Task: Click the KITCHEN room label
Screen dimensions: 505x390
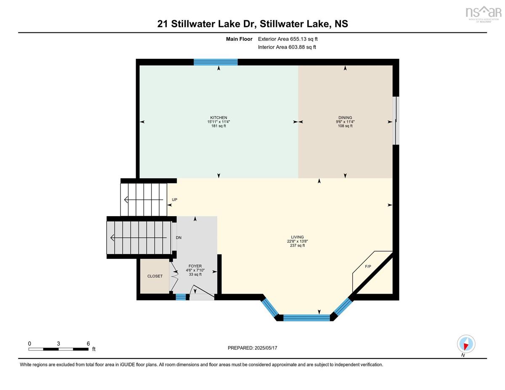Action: point(218,117)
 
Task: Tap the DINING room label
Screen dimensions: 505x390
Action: point(345,117)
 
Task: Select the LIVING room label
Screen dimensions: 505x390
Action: point(297,237)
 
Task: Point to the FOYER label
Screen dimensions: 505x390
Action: point(195,266)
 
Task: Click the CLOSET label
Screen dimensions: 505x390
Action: point(155,276)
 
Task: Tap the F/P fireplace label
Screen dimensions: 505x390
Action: point(368,266)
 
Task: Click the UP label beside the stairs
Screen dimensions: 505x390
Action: point(174,199)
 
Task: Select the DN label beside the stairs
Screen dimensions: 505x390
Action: point(178,238)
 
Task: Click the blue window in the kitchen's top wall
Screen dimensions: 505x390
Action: point(215,62)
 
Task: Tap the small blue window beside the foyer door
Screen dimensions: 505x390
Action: point(181,297)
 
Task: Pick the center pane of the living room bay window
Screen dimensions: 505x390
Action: point(306,318)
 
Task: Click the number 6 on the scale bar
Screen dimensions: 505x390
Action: point(88,344)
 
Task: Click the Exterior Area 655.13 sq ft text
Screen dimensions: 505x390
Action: point(288,39)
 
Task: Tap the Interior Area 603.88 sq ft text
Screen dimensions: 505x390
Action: point(287,47)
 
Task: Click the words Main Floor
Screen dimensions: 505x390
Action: point(239,39)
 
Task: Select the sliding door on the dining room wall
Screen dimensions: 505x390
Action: point(396,121)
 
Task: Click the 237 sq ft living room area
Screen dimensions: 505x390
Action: point(297,245)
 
